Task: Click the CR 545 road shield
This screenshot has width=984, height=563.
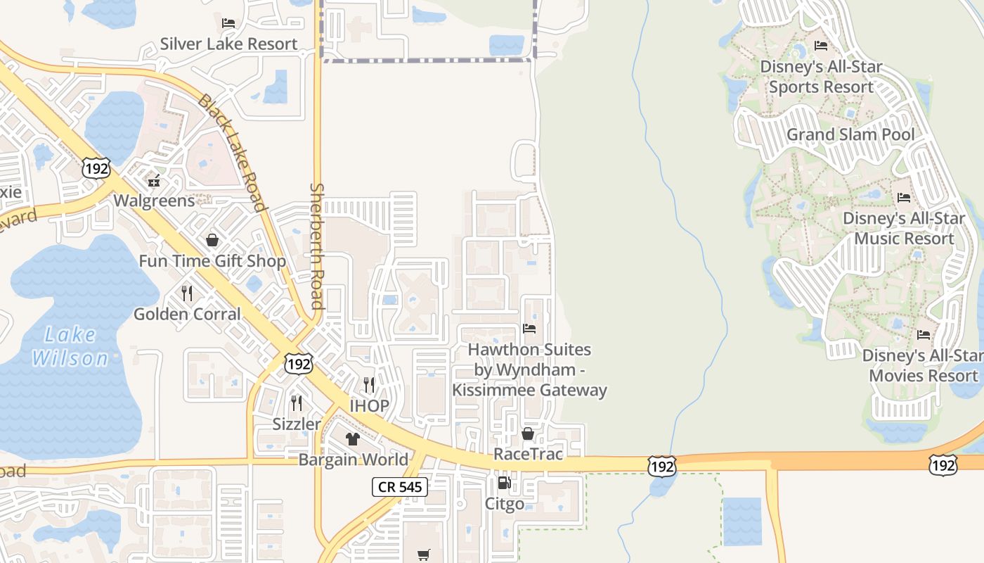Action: pos(399,486)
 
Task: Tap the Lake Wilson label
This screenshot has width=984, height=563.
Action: pos(70,346)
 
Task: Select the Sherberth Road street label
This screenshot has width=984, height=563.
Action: pos(317,246)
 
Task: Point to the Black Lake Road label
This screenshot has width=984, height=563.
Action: pos(233,152)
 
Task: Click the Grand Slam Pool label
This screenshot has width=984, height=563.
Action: pos(850,134)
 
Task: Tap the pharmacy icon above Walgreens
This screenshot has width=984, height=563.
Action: pos(154,182)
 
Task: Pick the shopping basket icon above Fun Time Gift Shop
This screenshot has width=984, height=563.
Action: pos(212,241)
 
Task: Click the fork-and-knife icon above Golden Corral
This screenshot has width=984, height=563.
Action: pos(187,293)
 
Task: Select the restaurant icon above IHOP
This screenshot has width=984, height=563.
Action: pos(369,385)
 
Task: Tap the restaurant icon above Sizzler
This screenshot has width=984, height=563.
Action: pos(297,403)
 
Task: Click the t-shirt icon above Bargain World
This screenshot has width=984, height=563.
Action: pos(352,439)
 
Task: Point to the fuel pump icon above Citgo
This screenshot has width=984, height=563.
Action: pos(504,483)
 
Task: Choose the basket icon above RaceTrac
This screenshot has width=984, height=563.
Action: pos(528,434)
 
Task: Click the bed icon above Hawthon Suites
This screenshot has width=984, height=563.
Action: pos(529,329)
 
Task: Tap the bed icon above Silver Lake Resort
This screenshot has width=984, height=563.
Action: pos(228,23)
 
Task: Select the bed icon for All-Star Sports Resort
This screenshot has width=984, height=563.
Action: pos(820,46)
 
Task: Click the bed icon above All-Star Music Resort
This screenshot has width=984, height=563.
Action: pos(904,198)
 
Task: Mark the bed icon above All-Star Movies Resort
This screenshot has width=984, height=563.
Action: pos(924,335)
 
